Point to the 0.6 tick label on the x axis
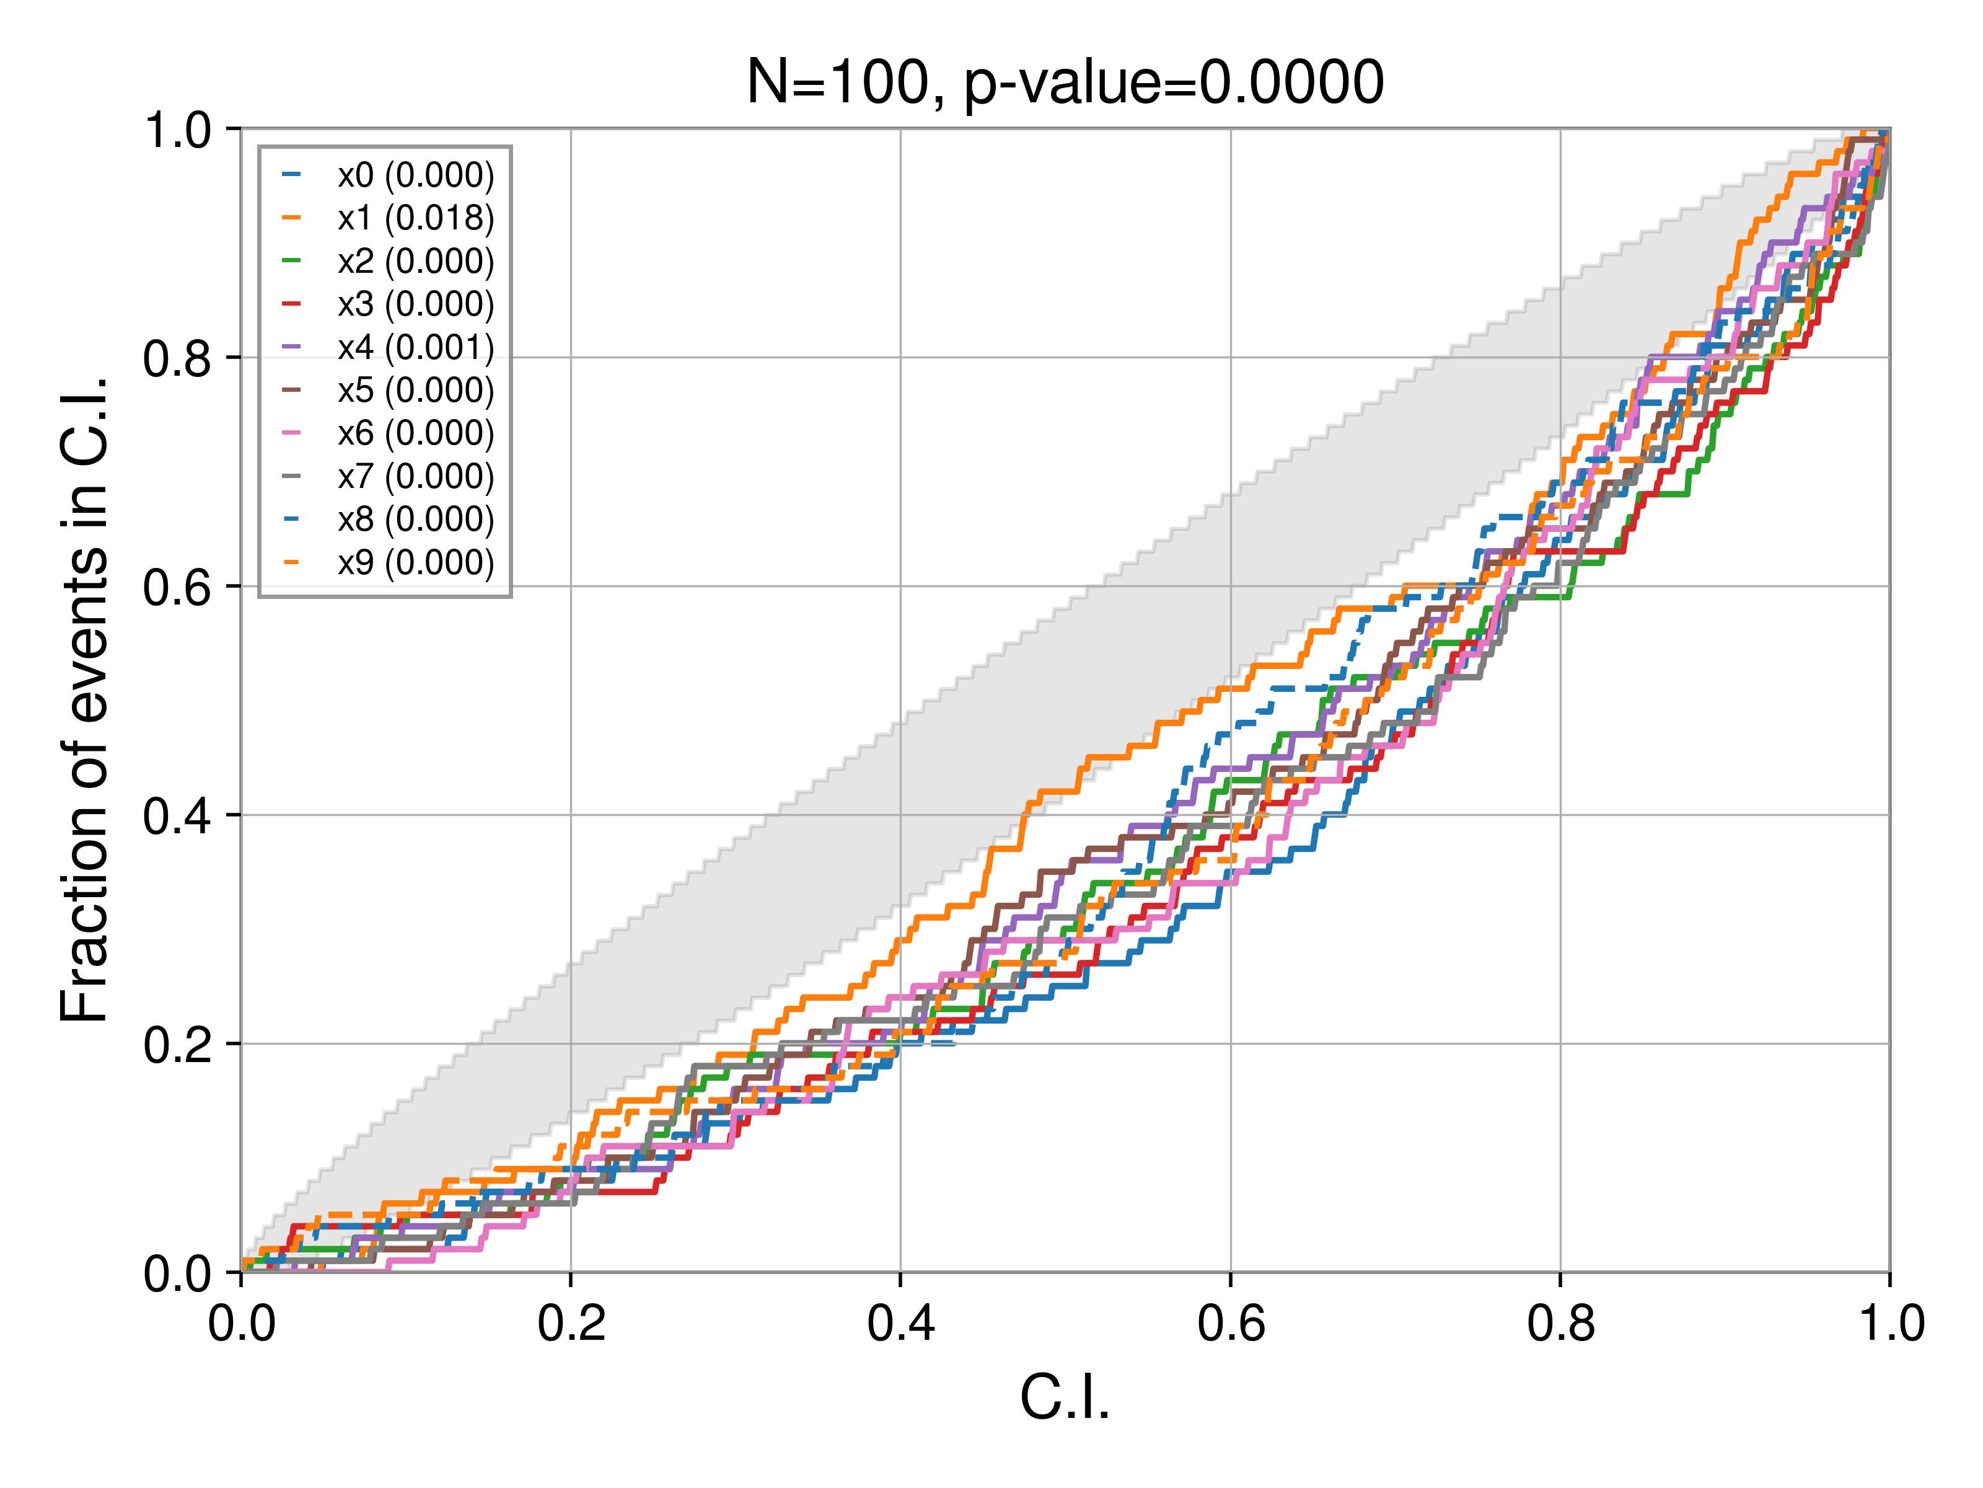pyautogui.click(x=1231, y=1324)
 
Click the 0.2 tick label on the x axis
pyautogui.click(x=571, y=1324)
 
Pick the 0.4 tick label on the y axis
pyautogui.click(x=177, y=816)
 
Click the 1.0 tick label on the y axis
pyautogui.click(x=177, y=131)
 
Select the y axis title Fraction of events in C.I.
pyautogui.click(x=84, y=699)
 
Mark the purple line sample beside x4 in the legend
pyautogui.click(x=291, y=347)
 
